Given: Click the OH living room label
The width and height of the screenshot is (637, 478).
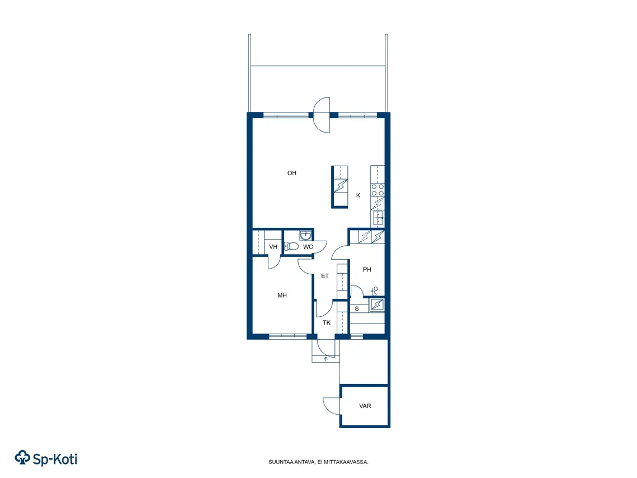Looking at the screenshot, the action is point(292,173).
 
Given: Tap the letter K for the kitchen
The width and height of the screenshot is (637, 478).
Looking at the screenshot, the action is point(358,195).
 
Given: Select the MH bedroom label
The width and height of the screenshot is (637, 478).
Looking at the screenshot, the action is point(282,296).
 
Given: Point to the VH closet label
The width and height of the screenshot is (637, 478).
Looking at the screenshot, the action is point(273,247).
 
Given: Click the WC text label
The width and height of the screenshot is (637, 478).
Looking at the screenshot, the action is point(308,247).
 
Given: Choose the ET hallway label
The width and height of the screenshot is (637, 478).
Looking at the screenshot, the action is point(325,276).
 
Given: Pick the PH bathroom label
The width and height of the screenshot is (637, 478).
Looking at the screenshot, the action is point(367,269).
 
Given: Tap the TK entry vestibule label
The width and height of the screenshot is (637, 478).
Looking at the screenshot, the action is point(327,323).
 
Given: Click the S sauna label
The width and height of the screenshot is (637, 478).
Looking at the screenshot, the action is point(357,309).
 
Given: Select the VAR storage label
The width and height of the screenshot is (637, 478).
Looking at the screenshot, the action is point(365,406).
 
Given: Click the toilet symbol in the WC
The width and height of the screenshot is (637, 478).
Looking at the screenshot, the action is point(291,246).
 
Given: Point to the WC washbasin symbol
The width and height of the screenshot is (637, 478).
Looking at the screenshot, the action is point(305,236).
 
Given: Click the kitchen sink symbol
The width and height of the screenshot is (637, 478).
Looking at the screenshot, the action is point(378,218).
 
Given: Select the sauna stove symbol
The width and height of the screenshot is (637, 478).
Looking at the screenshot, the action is point(376,305).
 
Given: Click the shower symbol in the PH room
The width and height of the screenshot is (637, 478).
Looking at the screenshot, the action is point(375,290).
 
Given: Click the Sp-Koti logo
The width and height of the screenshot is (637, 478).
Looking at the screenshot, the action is point(46,458).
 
